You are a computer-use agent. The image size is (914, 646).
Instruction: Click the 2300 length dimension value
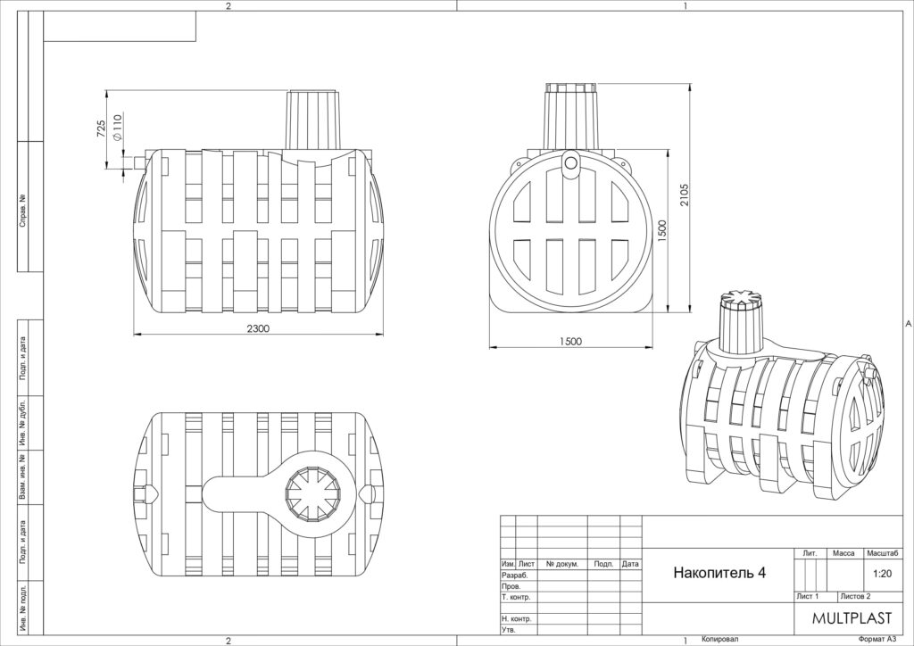[x=258, y=328]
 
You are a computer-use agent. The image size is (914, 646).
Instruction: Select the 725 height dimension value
[x=101, y=128]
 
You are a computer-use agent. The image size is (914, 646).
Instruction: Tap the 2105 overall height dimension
[x=684, y=195]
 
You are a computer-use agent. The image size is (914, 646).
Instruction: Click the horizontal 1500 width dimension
[x=570, y=342]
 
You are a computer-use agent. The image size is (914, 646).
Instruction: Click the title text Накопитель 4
[x=719, y=573]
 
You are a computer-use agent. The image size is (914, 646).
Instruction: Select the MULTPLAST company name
[x=852, y=618]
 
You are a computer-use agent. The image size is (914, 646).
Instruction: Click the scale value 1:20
[x=883, y=573]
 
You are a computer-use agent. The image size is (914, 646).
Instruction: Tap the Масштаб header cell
[x=883, y=553]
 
